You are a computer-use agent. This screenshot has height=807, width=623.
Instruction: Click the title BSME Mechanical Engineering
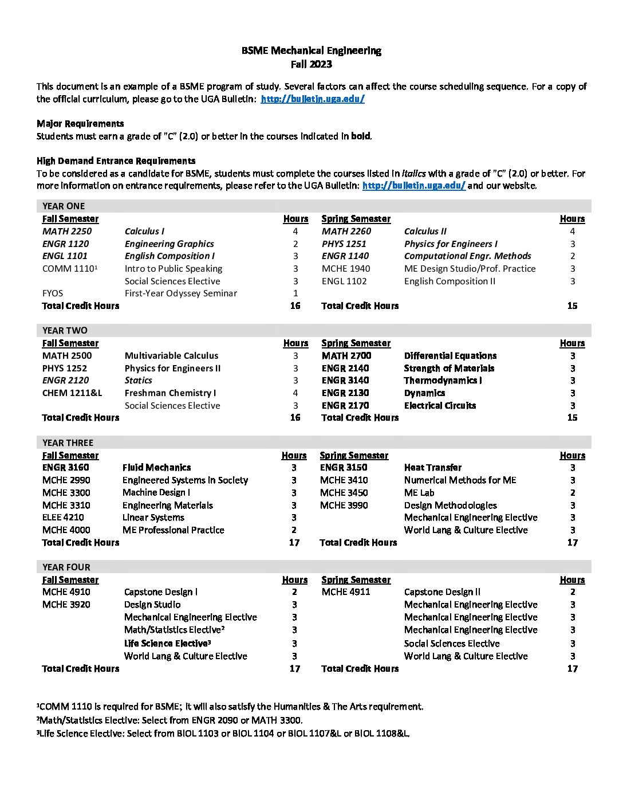click(311, 50)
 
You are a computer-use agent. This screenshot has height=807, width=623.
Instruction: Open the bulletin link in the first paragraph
click(313, 99)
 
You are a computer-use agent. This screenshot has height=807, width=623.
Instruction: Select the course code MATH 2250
click(66, 231)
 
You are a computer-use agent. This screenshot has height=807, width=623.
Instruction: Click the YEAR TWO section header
click(65, 330)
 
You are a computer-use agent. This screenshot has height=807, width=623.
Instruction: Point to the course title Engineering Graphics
click(169, 244)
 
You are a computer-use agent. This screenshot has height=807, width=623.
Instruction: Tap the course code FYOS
click(53, 293)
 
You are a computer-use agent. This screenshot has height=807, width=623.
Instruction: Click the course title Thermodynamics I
click(443, 380)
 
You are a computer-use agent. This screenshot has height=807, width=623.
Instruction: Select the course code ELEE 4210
click(63, 517)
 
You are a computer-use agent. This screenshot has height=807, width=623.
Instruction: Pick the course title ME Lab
click(419, 492)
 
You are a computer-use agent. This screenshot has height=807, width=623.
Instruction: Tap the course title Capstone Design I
click(160, 591)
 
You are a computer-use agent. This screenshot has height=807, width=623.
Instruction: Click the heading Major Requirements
click(80, 123)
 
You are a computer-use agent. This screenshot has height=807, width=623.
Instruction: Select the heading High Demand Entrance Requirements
click(116, 160)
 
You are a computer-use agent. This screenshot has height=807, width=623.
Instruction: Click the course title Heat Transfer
click(432, 467)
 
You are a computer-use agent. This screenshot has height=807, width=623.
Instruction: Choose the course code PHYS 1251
click(344, 244)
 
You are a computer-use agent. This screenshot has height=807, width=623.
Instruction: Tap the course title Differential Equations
click(450, 355)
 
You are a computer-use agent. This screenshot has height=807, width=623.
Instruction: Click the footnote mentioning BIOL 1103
click(223, 733)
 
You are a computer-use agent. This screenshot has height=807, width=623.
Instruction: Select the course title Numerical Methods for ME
click(460, 480)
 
